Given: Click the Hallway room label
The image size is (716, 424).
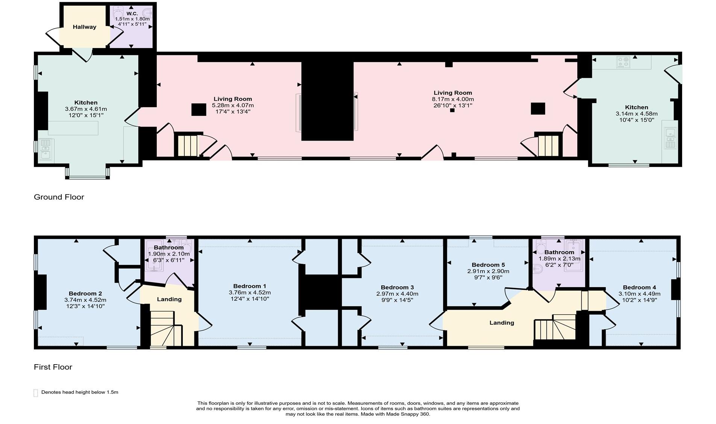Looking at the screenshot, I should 84,27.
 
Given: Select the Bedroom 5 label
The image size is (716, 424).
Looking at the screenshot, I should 488,265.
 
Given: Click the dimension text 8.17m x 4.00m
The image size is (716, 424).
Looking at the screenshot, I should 453,99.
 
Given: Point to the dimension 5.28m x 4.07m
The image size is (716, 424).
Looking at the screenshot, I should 233,105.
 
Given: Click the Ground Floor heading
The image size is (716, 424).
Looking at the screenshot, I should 59,197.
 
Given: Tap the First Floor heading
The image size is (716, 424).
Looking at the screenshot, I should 53,367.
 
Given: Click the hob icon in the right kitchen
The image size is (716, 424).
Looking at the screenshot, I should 623,62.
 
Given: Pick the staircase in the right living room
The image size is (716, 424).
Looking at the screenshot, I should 548,145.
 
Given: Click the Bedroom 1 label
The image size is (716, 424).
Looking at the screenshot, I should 250,286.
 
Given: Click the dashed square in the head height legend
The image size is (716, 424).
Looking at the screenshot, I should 36,393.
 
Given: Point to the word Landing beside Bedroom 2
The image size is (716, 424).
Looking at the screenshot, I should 169,299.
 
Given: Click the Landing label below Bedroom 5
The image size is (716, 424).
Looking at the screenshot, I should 502,323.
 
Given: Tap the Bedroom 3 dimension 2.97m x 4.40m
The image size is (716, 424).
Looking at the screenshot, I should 397,294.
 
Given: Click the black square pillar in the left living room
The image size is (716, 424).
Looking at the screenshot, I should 199,109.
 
